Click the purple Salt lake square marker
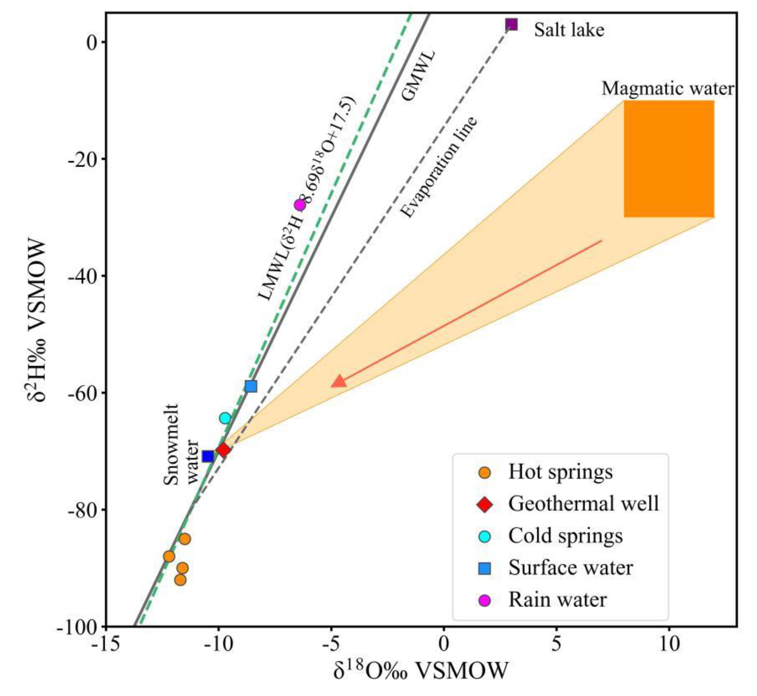click(x=511, y=25)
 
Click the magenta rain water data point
click(x=300, y=205)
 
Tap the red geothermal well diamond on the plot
click(x=223, y=450)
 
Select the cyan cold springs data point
click(x=225, y=418)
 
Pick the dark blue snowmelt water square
click(x=208, y=457)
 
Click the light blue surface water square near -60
click(x=251, y=386)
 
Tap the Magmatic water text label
click(x=668, y=89)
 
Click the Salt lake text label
click(x=569, y=30)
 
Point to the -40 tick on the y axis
click(x=85, y=276)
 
